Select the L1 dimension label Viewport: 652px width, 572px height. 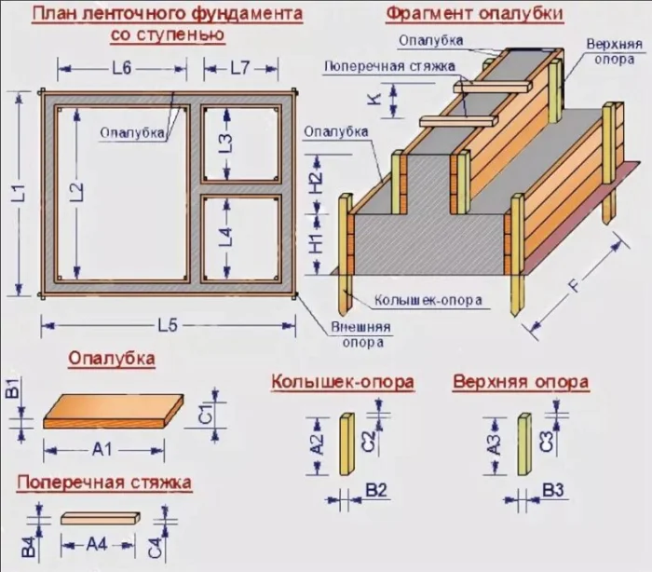tap(20, 197)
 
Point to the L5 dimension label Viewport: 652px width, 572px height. tap(168, 325)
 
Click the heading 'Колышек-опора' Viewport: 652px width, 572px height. tap(342, 382)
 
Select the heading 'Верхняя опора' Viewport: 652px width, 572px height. tap(520, 382)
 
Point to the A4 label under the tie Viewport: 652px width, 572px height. tap(97, 543)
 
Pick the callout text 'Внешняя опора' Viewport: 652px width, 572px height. tap(360, 334)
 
